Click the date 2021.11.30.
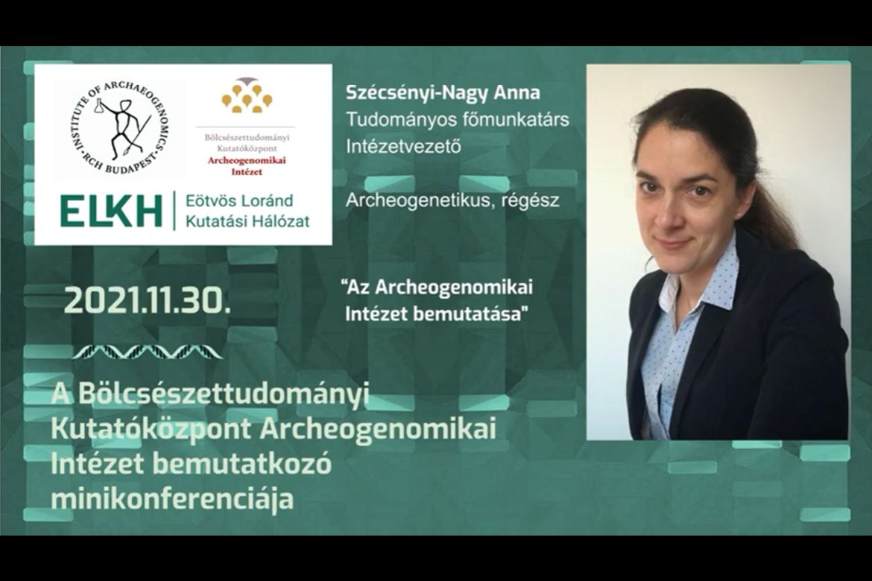147,302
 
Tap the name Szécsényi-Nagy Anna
443,92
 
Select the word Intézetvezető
403,146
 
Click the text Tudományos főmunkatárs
457,119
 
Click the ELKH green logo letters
111,211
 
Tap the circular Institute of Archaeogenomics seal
119,126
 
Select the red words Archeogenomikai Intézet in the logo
247,166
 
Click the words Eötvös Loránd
239,200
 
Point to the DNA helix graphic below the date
148,352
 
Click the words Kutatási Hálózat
247,221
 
